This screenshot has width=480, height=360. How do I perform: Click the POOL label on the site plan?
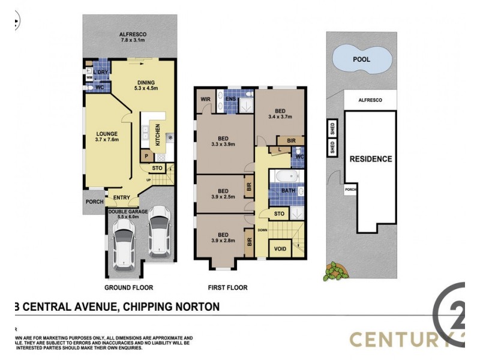[361, 60]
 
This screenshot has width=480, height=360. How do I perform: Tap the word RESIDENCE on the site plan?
[371, 159]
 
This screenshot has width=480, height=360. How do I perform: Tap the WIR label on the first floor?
[205, 98]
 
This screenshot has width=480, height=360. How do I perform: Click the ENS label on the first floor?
[231, 98]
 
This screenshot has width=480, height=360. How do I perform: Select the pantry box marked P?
[146, 157]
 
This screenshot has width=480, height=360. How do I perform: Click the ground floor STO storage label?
[157, 169]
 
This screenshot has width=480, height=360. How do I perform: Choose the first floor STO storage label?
[279, 213]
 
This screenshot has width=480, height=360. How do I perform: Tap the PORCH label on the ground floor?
[94, 202]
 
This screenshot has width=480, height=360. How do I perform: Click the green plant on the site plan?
[335, 273]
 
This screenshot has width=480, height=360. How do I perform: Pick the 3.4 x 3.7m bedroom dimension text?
[279, 117]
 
